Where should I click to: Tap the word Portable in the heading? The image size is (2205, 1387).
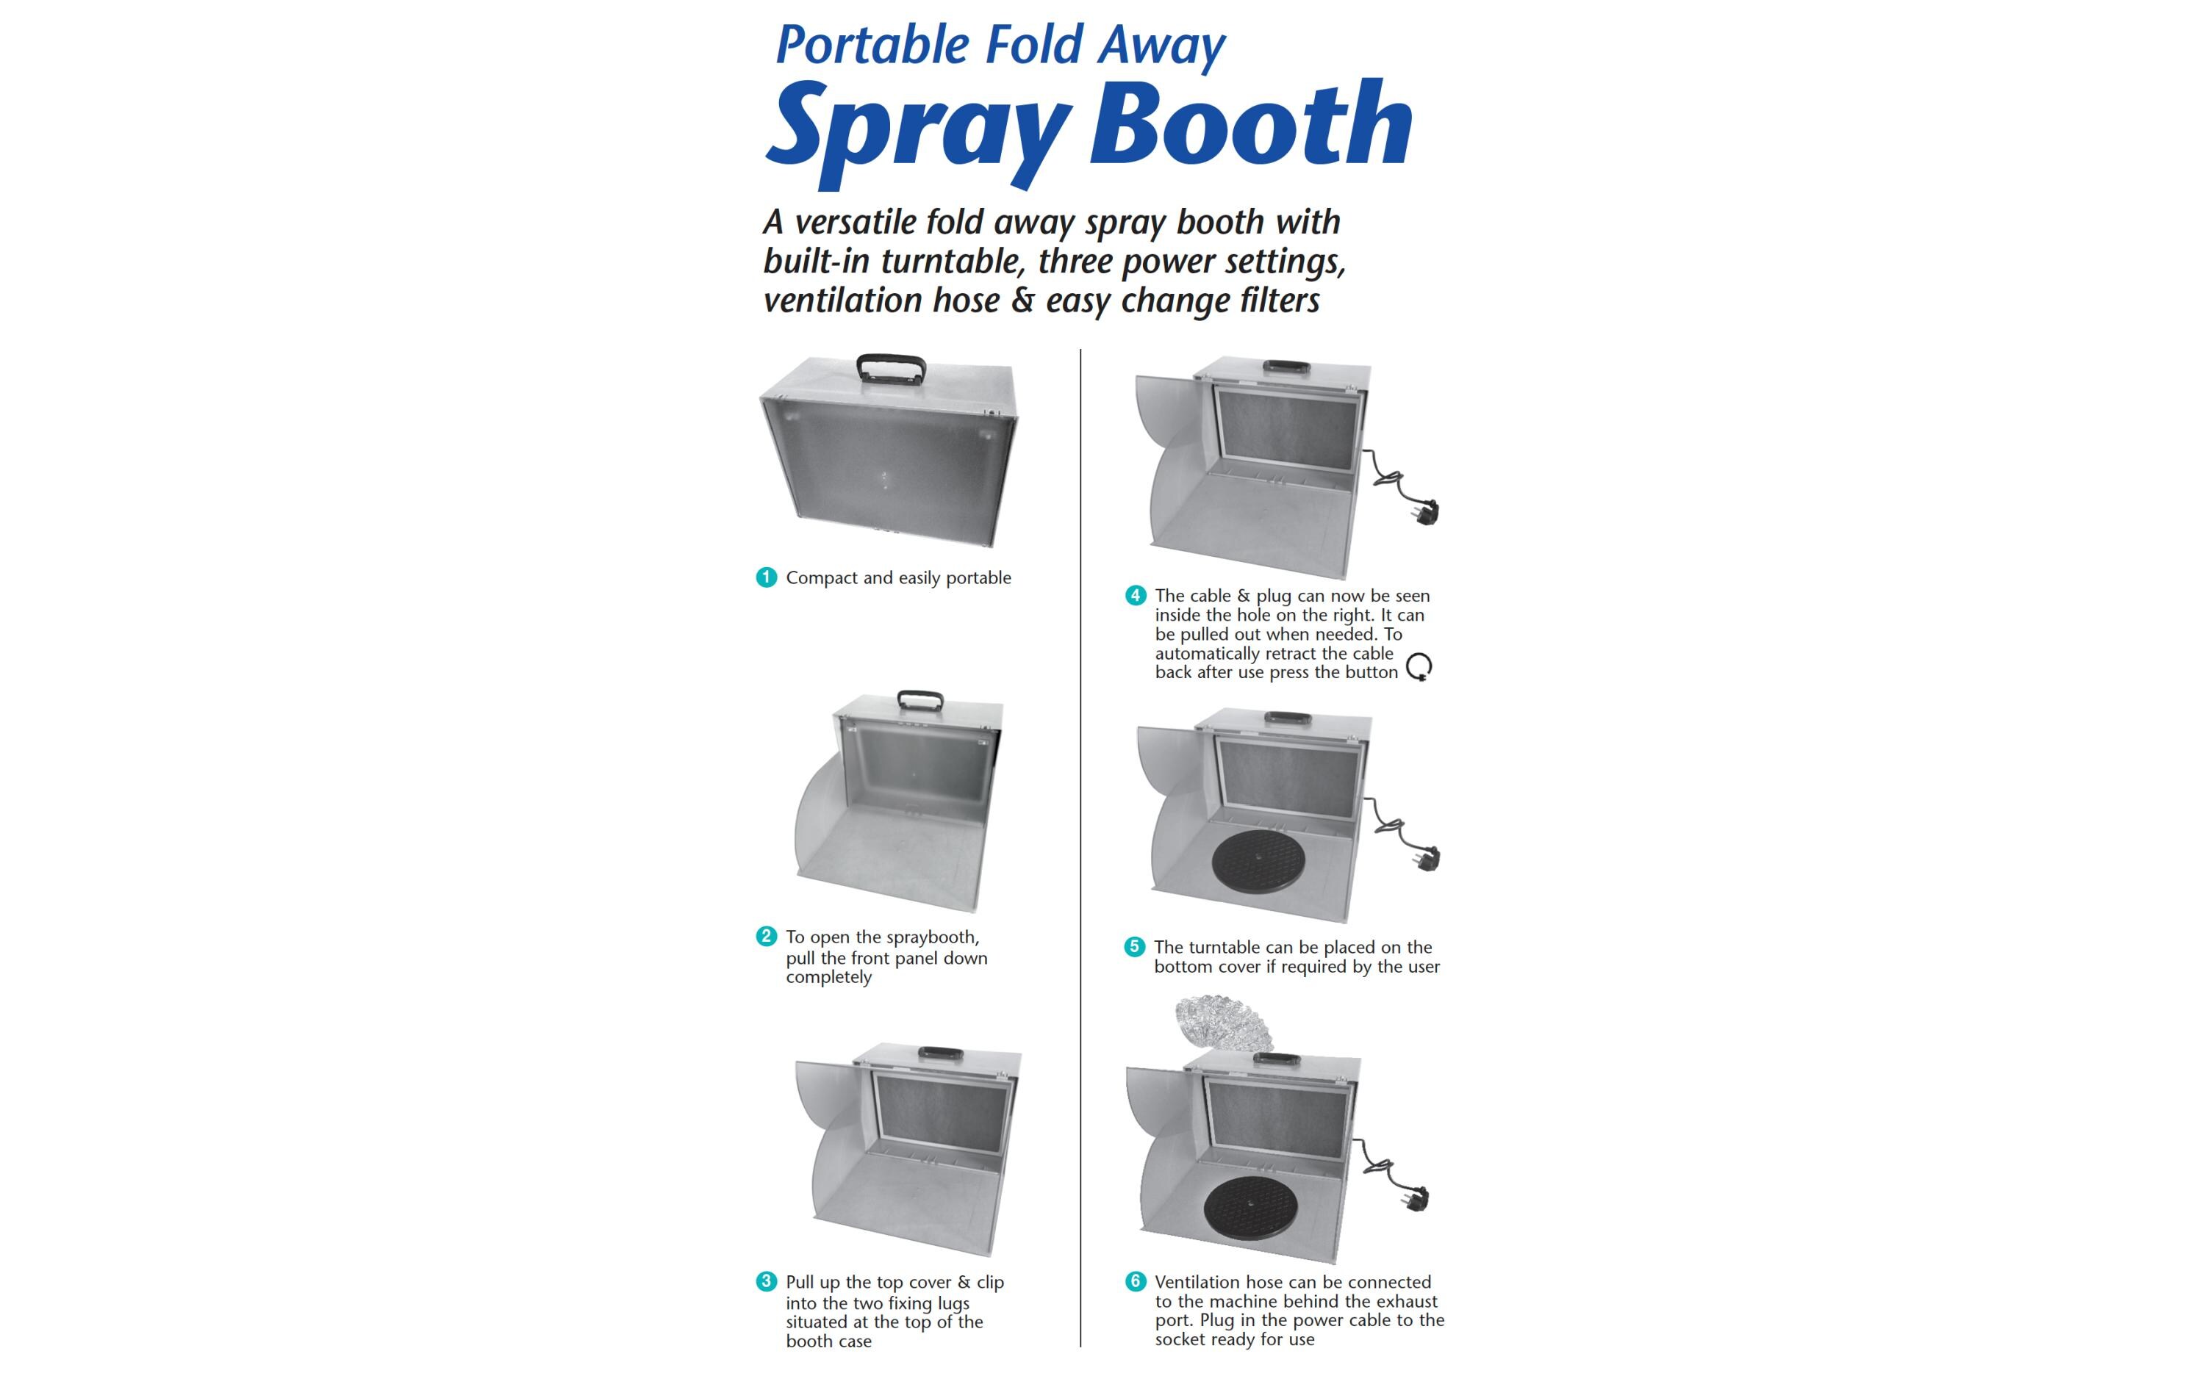[x=872, y=46]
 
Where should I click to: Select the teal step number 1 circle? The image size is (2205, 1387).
[x=767, y=577]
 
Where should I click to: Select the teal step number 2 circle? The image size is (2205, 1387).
[x=767, y=937]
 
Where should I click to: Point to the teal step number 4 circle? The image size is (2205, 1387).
[x=1136, y=595]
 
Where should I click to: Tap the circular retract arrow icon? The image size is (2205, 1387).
[x=1419, y=666]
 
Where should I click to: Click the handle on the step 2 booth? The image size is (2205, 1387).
[x=920, y=700]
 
